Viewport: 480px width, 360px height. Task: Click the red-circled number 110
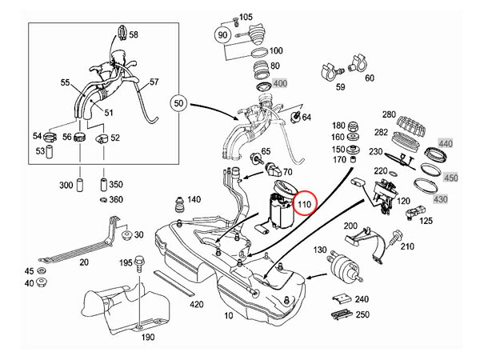tap(304, 205)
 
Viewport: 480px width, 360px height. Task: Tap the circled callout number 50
tap(178, 104)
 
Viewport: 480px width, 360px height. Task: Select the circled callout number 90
tap(222, 35)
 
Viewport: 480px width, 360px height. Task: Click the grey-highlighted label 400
tap(280, 83)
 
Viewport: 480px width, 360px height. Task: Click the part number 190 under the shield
tap(148, 337)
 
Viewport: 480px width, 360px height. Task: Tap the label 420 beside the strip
tap(197, 304)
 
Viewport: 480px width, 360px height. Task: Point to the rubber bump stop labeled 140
tap(178, 202)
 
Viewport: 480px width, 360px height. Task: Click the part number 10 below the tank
tap(230, 315)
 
